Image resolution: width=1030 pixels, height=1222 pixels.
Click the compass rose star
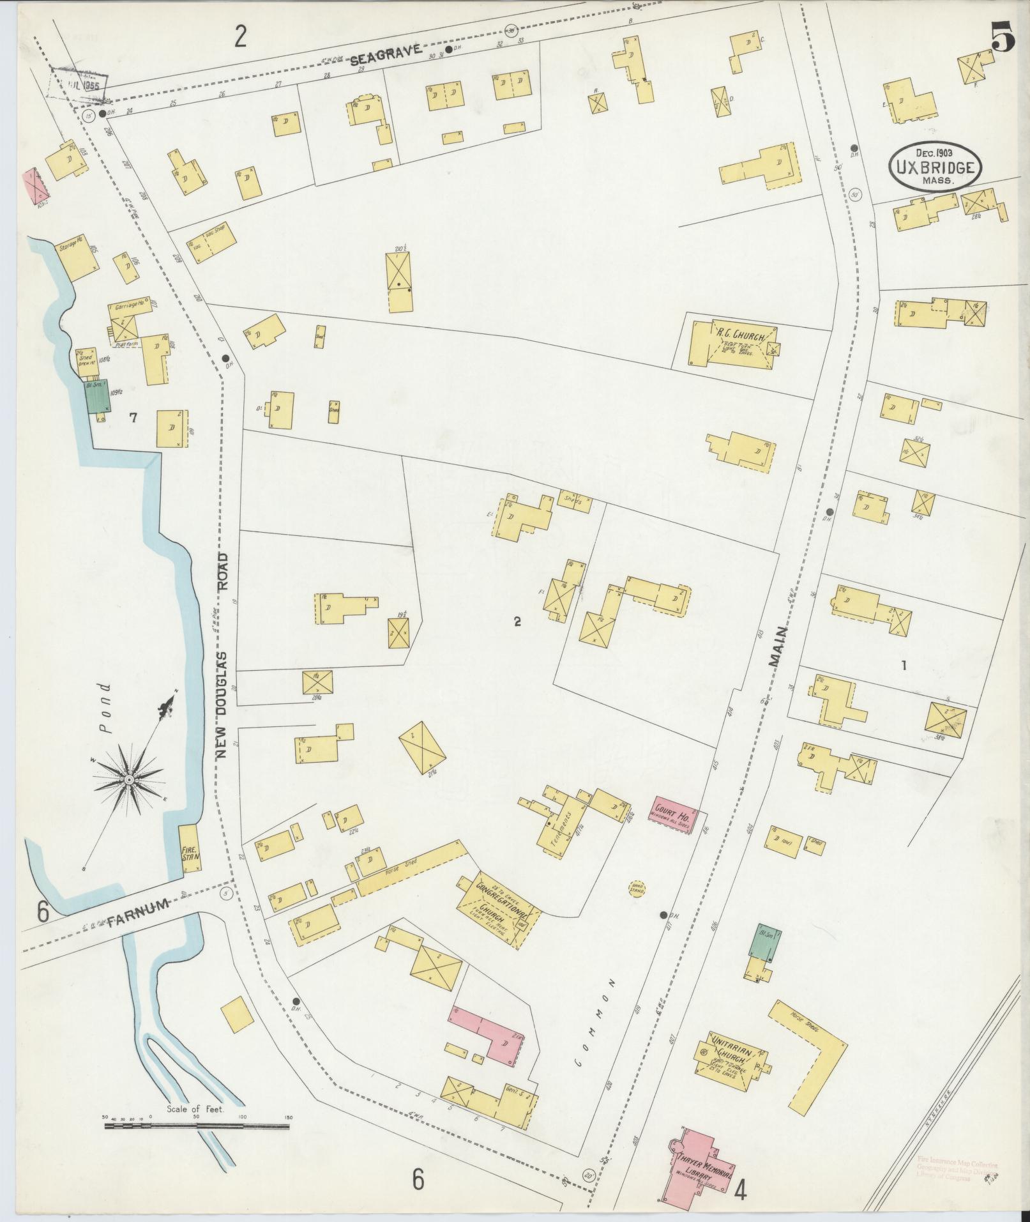pyautogui.click(x=130, y=780)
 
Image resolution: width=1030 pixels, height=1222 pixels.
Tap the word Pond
pyautogui.click(x=106, y=707)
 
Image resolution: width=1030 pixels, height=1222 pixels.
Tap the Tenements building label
pyautogui.click(x=561, y=832)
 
